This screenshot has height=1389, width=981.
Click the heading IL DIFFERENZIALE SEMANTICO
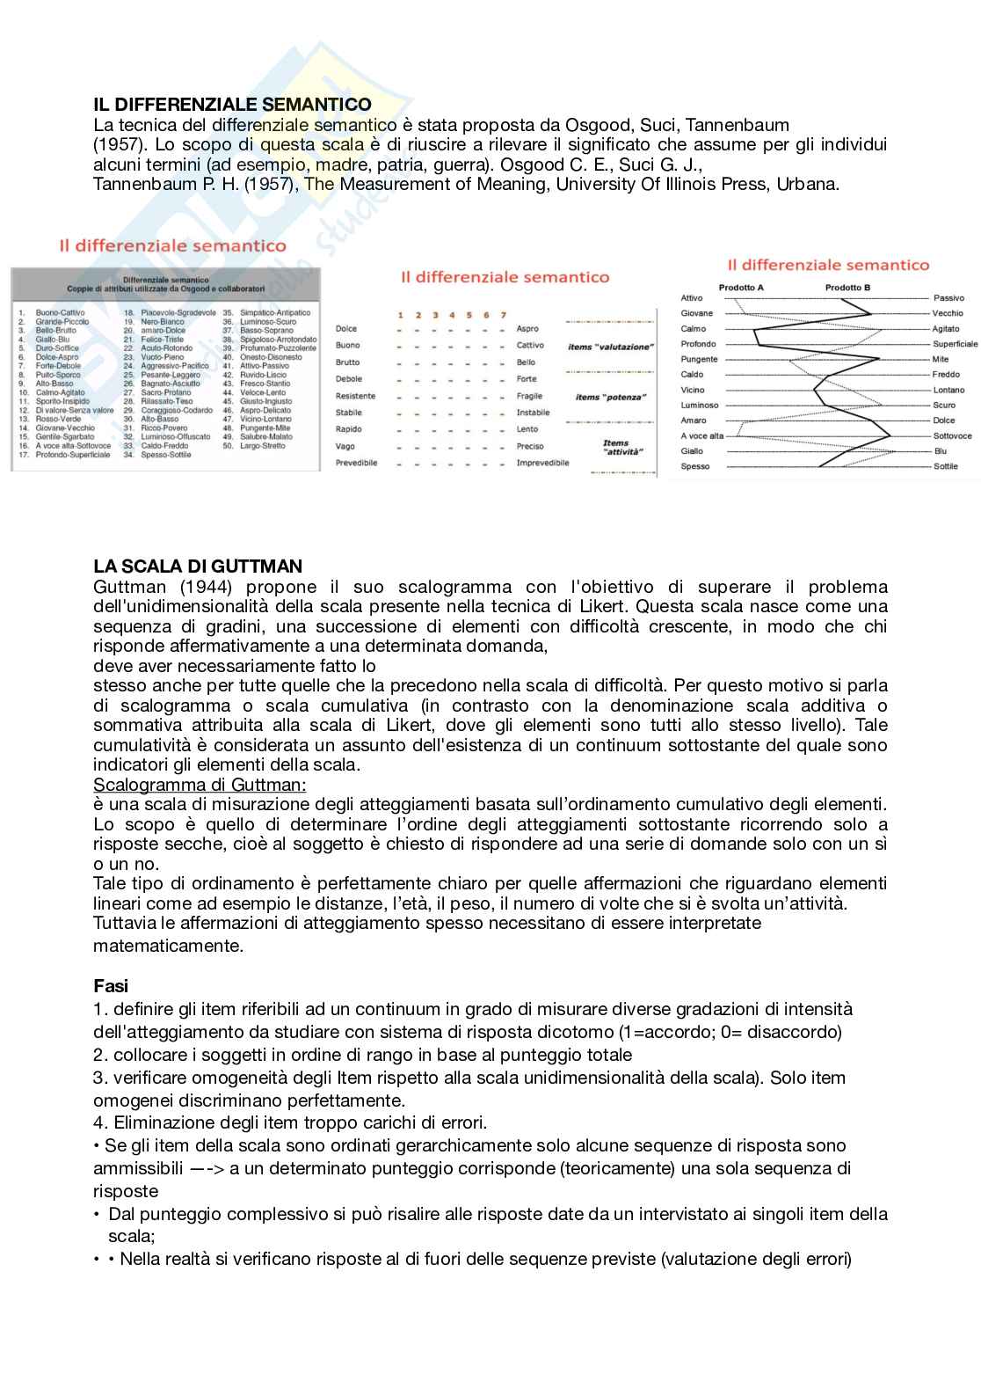coord(232,105)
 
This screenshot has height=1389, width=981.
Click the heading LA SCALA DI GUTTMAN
coord(198,566)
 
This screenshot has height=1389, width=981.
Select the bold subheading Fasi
coord(111,986)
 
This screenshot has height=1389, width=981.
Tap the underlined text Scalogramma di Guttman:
coord(200,784)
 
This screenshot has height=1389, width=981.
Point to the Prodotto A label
coord(741,288)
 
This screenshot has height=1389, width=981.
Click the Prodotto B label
coord(847,288)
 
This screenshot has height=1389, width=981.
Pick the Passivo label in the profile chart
coord(948,298)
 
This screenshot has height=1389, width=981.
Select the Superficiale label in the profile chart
coord(955,344)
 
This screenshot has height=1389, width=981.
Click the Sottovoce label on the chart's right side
coord(952,435)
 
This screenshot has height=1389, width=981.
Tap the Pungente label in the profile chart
coord(699,359)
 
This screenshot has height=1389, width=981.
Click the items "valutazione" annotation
coord(610,347)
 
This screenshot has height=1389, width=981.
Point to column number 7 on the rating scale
coord(503,315)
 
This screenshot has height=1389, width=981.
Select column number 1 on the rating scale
coord(401,315)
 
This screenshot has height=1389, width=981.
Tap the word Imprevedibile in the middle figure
coord(542,463)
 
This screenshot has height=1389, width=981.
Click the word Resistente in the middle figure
coord(355,396)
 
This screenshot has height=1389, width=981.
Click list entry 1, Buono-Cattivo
coord(60,312)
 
